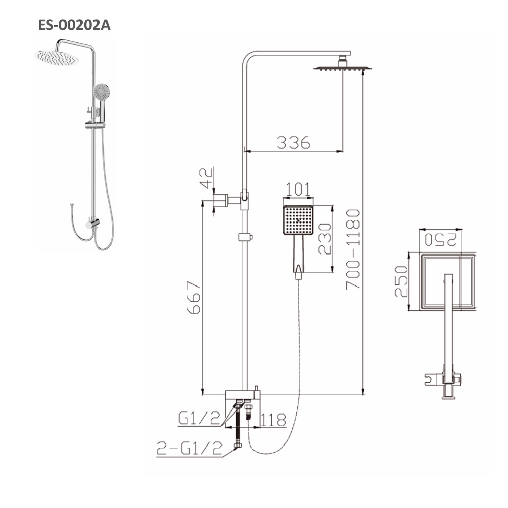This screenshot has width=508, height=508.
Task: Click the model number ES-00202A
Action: [74, 25]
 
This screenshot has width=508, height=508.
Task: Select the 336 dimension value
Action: [293, 143]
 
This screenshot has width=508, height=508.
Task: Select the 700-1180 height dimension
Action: [354, 249]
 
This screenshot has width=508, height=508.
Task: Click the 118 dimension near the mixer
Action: [274, 420]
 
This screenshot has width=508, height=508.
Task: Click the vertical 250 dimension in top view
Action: [401, 282]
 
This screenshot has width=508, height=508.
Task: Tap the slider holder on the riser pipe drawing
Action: [245, 237]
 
